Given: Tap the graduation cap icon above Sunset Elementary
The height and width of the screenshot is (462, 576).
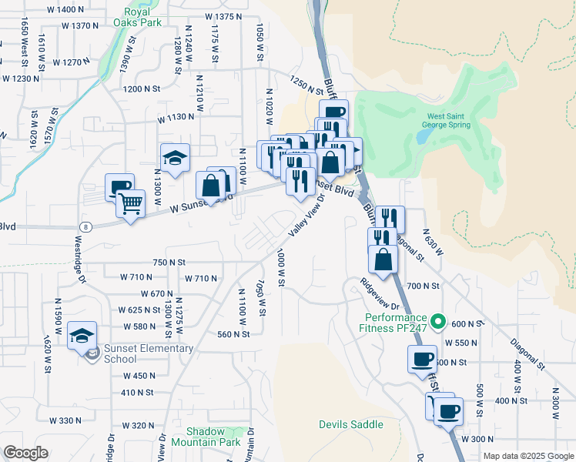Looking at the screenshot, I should pos(82,336).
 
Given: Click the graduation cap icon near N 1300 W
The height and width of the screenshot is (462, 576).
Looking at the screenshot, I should pos(175,159).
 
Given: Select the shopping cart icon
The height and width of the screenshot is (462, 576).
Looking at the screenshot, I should pos(131,204).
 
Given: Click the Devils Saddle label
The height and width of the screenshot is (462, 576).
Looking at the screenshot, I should pos(345,425).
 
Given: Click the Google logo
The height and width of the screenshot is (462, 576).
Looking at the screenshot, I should pos(25,453).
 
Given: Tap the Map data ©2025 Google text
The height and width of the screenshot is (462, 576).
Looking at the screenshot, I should pos(527,456).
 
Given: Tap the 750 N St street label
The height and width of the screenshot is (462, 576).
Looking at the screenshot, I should pos(170,263).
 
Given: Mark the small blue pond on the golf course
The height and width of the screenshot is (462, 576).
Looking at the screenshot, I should pos(423,137).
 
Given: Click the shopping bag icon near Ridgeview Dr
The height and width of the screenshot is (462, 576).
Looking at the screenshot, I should pos(383,260).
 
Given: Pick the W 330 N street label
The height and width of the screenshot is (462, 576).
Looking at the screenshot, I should pos(65,420).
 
